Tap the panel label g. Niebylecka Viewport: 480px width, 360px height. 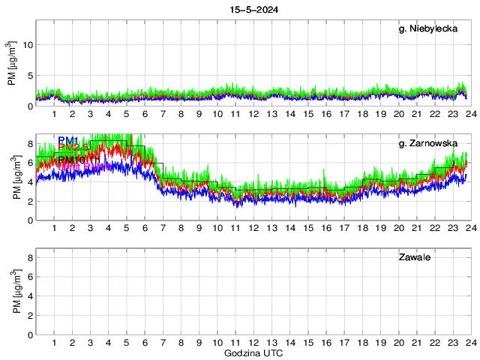tap(428, 30)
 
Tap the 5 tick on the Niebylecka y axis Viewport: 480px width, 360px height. tap(29, 76)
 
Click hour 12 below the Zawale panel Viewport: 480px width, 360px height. tap(253, 343)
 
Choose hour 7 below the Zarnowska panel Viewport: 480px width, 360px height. tap(163, 228)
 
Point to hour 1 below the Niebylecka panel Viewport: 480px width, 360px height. tap(54, 114)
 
